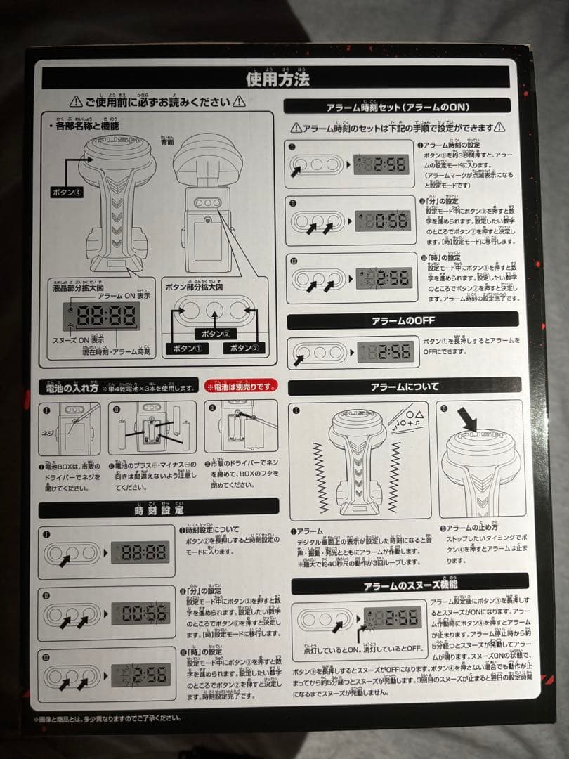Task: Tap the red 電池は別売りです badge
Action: click(241, 387)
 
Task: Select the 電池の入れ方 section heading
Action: click(72, 387)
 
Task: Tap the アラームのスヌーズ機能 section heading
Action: click(410, 585)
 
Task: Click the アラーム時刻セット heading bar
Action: click(398, 107)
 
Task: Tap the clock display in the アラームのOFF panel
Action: click(385, 351)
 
